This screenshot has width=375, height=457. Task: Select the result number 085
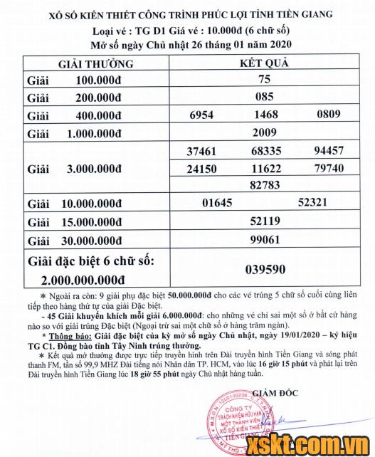264,98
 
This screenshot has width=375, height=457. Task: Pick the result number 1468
264,115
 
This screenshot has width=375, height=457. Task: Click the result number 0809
329,115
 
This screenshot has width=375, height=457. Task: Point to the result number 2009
265,132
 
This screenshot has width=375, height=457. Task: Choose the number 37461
201,151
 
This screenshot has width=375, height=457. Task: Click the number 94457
329,151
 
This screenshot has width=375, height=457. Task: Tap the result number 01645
217,203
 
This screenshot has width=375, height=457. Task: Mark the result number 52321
313,203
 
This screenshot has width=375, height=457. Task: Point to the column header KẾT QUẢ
264,63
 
